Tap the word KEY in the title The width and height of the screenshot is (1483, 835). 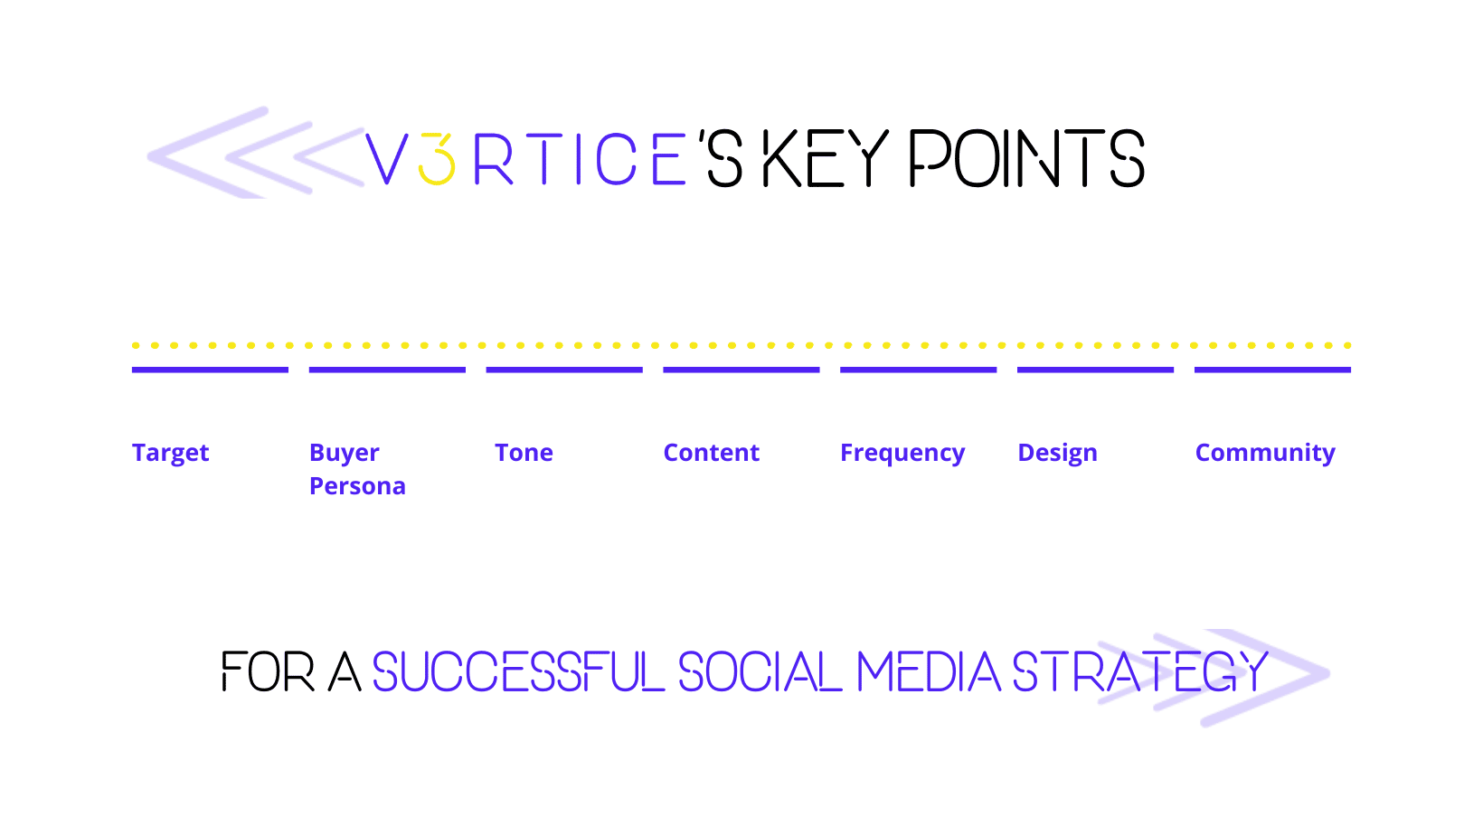pos(825,157)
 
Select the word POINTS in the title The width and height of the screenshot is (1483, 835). pos(1027,157)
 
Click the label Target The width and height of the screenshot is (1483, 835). pos(170,454)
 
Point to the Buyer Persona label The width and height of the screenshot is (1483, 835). pos(357,469)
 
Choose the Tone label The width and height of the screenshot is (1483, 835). pos(524,453)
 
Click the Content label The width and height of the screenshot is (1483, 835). pos(711,453)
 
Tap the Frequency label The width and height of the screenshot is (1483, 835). pos(902,454)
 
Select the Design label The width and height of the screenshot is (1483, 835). pos(1057,454)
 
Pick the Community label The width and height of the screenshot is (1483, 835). pos(1265,454)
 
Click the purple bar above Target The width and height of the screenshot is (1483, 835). pos(210,370)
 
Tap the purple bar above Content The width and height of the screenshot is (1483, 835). pos(741,370)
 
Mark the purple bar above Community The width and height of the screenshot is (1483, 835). pos(1272,370)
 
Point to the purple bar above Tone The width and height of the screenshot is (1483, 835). pos(564,370)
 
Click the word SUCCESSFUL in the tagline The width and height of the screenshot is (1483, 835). pos(518,671)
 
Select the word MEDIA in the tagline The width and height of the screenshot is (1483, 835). pos(928,671)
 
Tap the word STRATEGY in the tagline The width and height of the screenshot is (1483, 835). pos(1140,671)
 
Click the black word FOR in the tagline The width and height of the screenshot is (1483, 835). pos(268,671)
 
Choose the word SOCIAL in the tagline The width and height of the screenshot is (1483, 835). pos(760,671)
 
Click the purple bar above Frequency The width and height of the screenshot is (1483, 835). pos(918,370)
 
